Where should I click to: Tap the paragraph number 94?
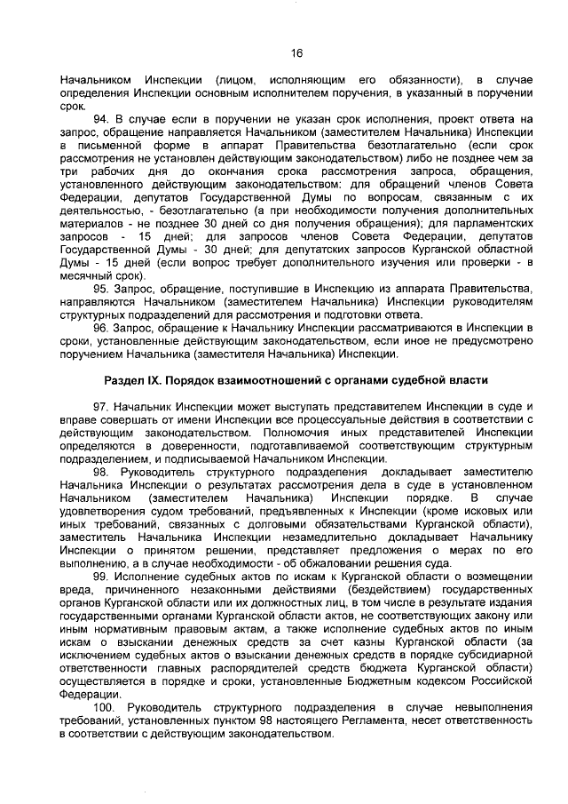[101, 118]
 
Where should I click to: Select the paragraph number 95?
[101, 289]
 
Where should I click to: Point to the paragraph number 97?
[101, 406]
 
